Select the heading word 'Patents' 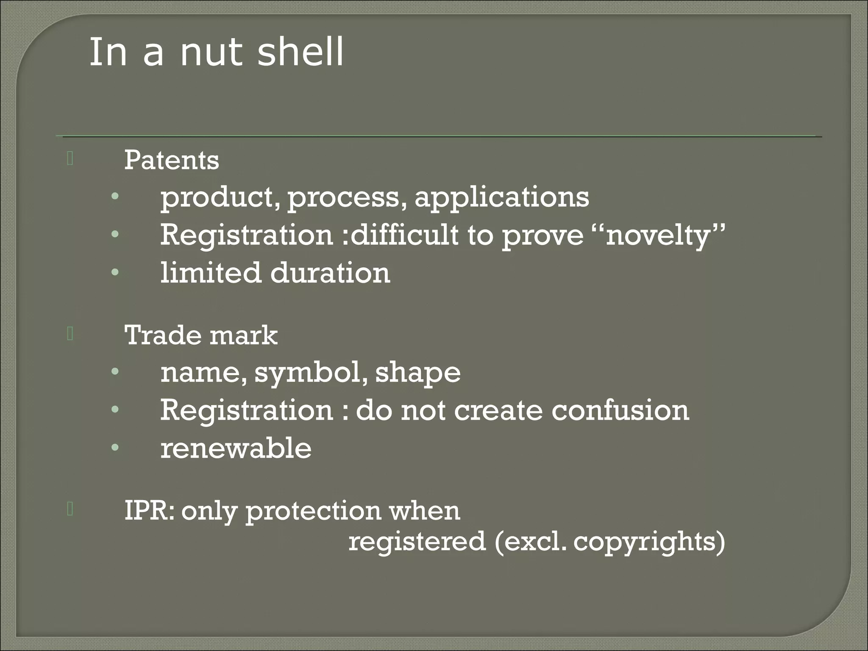tap(172, 160)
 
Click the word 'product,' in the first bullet tap(220, 198)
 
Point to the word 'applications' tap(502, 198)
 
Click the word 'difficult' tap(405, 235)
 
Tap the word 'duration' tap(330, 273)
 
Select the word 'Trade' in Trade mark tap(163, 335)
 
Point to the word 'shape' tap(418, 373)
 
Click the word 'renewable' tap(236, 448)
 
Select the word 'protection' tap(313, 511)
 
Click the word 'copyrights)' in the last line tap(649, 542)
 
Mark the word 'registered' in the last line tap(417, 542)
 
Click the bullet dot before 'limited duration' tap(115, 273)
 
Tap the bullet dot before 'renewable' tap(115, 448)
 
